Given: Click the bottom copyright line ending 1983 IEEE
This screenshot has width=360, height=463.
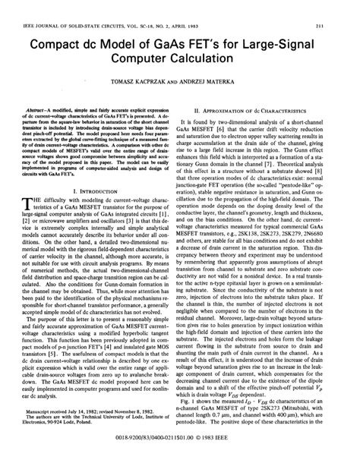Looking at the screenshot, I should tap(181, 442).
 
